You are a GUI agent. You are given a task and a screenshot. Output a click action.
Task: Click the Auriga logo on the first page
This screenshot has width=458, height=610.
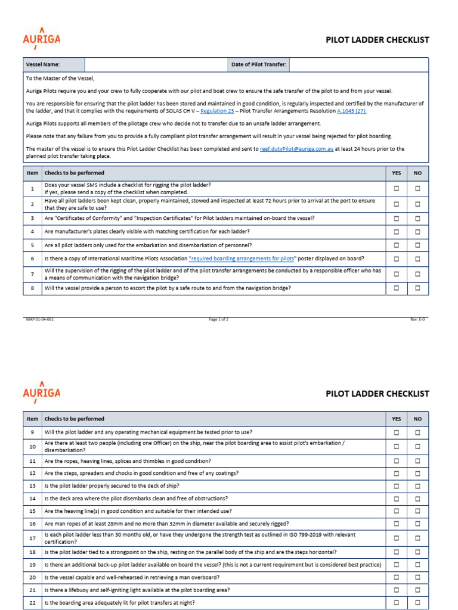pos(41,39)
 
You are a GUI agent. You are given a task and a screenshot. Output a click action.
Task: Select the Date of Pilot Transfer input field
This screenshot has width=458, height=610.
pos(358,64)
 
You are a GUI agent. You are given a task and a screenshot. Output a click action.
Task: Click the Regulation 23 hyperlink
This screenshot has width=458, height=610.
pos(217,111)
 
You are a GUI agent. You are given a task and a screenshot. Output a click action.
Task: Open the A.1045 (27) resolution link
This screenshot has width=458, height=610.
pos(351,111)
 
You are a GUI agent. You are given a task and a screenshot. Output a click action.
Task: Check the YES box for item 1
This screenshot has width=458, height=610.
pos(397,188)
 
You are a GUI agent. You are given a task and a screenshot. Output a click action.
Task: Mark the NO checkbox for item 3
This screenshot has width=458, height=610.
pos(417,218)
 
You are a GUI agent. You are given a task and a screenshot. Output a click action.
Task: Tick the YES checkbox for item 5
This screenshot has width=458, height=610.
pos(397,245)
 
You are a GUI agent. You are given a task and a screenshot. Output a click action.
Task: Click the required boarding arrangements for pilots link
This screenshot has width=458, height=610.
pos(242,259)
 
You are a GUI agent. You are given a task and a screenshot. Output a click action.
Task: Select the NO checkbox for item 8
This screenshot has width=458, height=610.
pos(417,288)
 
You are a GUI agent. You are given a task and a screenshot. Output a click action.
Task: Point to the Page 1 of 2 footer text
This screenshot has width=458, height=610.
pos(218,319)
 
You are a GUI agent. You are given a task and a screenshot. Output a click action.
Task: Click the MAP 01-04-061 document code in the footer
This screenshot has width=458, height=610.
pos(40,319)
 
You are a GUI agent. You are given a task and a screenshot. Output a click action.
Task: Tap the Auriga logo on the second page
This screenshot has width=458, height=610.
pos(41,392)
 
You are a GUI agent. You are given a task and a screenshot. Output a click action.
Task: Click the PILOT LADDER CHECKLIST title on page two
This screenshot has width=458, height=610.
pos(377,394)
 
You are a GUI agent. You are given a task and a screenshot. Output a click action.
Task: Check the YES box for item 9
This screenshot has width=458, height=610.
pos(397,432)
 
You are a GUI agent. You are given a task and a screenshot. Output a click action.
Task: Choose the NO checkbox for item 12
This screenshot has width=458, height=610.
pos(417,473)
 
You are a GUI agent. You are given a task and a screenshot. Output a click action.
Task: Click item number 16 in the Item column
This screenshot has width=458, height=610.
pos(32,524)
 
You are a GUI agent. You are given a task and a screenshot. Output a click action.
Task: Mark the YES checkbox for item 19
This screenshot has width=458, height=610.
pos(397,565)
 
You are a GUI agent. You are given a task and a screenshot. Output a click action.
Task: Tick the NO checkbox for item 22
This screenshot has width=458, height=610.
pos(417,602)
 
